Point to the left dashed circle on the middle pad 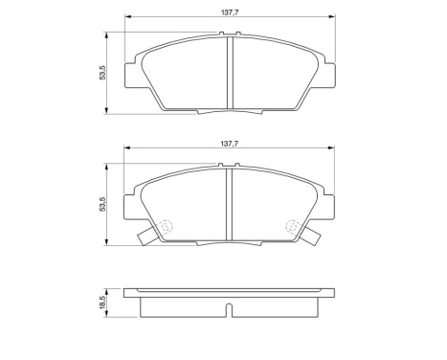163,227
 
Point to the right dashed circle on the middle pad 293,227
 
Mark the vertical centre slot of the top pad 228,75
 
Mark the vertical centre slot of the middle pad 228,203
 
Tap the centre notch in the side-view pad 228,309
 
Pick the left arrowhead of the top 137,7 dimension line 128,19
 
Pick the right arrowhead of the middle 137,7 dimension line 328,148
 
